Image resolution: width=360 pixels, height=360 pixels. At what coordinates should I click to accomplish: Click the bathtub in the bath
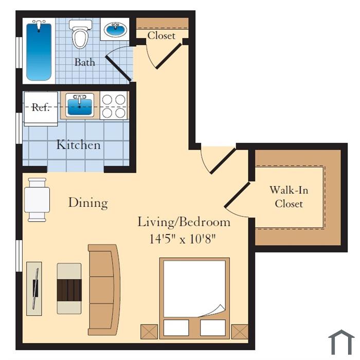39,51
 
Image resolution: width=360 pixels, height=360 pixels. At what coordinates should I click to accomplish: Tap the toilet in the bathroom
80,34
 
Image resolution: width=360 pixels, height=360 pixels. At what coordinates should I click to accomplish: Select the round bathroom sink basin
115,30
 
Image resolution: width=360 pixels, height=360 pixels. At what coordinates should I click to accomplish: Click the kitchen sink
80,105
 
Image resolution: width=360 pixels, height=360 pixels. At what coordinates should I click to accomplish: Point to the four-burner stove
114,106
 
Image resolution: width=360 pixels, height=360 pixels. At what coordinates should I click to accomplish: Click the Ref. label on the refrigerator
41,107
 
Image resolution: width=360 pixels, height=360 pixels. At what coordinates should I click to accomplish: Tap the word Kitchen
79,145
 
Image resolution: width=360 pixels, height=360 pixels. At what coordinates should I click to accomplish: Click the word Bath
84,62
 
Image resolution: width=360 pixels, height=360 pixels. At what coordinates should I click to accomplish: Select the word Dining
88,203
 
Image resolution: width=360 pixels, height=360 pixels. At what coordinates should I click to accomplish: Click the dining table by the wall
37,200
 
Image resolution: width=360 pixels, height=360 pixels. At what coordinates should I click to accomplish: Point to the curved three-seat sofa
104,290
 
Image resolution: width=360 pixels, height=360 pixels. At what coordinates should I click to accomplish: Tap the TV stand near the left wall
34,289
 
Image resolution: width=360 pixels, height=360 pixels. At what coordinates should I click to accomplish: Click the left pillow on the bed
176,328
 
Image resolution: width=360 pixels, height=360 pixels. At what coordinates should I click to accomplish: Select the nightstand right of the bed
240,332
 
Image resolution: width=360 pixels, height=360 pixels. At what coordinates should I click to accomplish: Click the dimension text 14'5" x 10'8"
183,239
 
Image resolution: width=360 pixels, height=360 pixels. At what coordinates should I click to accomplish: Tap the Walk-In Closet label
289,197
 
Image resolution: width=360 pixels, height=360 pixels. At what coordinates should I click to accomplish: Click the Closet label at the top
161,35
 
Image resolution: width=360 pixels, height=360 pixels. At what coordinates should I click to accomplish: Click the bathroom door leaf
118,68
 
